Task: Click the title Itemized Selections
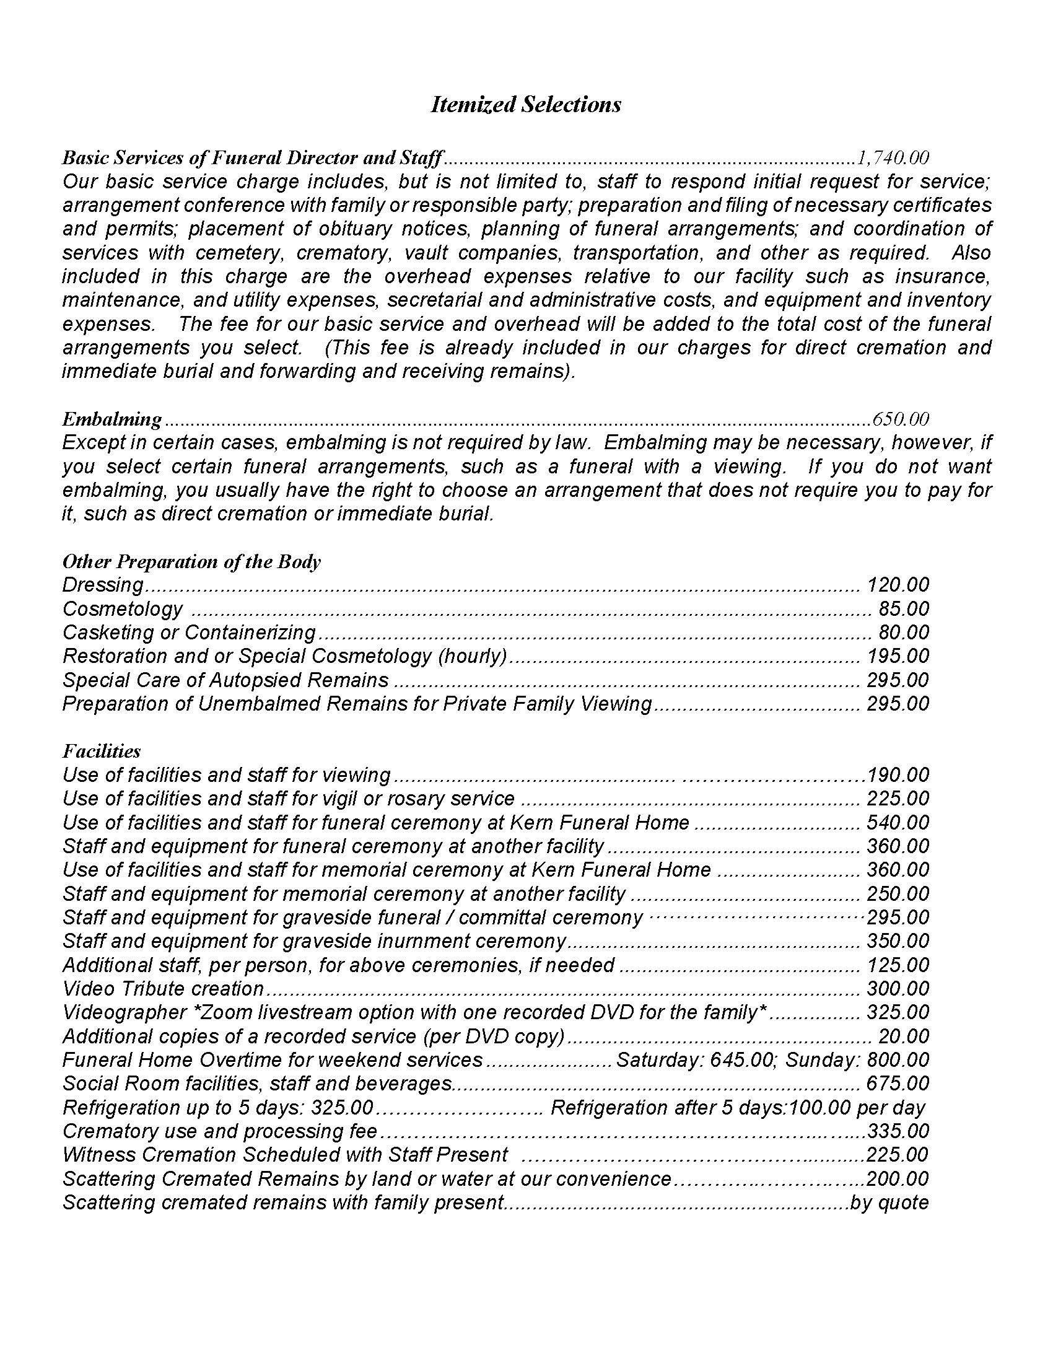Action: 526,104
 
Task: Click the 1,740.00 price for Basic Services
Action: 893,157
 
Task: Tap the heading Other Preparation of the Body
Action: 191,562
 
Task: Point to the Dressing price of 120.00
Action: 898,585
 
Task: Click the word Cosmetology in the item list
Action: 123,609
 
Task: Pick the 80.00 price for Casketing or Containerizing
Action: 904,633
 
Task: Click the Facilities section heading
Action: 102,752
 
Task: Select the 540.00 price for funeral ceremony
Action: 898,823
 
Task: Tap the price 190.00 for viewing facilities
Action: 898,776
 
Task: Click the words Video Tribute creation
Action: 164,989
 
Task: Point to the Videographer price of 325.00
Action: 898,1013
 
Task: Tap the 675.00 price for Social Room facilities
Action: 898,1084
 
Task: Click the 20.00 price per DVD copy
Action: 904,1036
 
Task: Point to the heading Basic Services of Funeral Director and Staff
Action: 252,157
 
